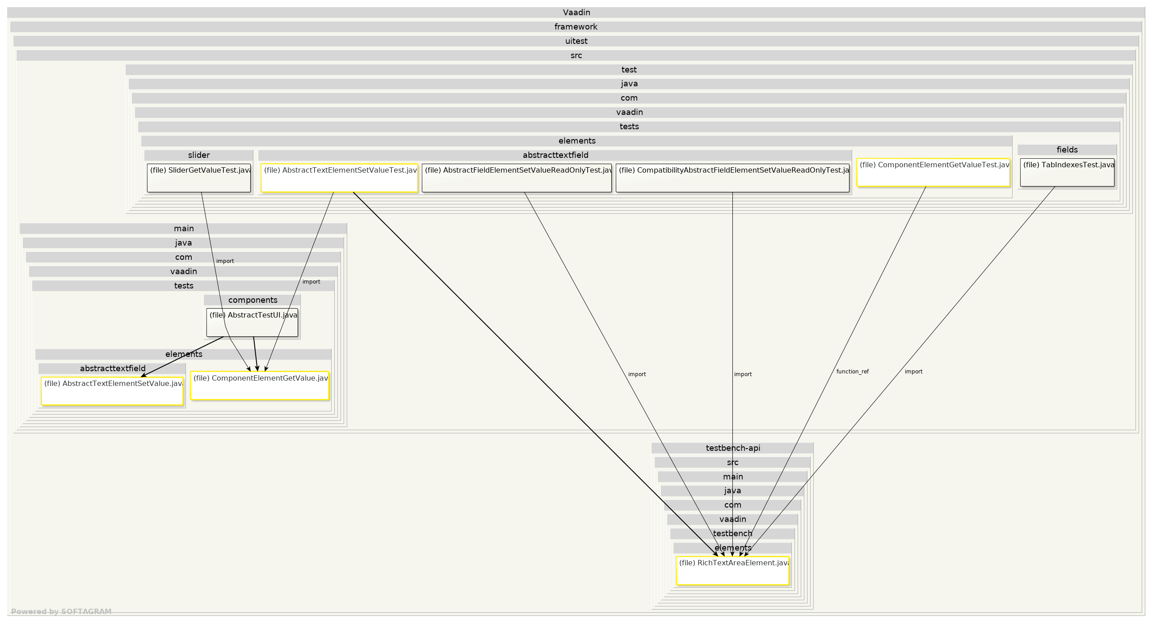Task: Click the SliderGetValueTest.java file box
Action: click(198, 178)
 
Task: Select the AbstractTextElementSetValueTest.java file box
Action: click(339, 178)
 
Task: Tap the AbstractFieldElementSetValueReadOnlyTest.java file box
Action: click(517, 178)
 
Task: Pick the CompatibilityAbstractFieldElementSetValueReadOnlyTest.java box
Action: click(732, 178)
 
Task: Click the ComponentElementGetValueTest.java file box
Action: click(933, 173)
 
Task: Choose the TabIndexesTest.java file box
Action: click(1067, 173)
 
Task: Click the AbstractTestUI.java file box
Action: click(252, 323)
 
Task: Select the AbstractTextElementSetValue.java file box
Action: click(112, 391)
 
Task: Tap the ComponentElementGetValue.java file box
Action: click(259, 386)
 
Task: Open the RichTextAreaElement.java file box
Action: click(732, 571)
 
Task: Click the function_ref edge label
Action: click(852, 372)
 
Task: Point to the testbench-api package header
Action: click(732, 448)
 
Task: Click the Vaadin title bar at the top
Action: click(576, 13)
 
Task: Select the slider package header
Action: click(198, 155)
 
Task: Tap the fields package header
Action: click(1067, 150)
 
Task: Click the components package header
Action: click(252, 300)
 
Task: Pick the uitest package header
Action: click(576, 41)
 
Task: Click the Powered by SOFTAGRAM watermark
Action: click(61, 611)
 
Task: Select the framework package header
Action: click(576, 27)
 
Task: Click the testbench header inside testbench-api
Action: click(732, 534)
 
